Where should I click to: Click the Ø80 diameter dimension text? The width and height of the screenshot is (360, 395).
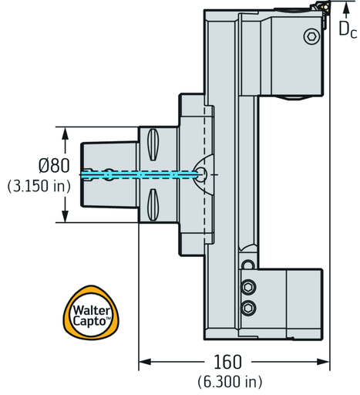tap(54, 166)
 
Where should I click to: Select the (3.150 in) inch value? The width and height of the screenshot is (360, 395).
tap(39, 186)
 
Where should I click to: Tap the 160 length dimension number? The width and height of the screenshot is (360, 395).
tap(227, 362)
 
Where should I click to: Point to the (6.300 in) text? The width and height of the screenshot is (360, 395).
tap(230, 381)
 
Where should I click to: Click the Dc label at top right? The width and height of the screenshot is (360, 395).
tap(348, 29)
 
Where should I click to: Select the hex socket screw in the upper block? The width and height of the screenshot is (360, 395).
tap(311, 36)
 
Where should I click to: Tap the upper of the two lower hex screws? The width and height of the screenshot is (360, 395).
tap(248, 287)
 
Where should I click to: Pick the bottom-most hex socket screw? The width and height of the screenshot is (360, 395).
tap(248, 308)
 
